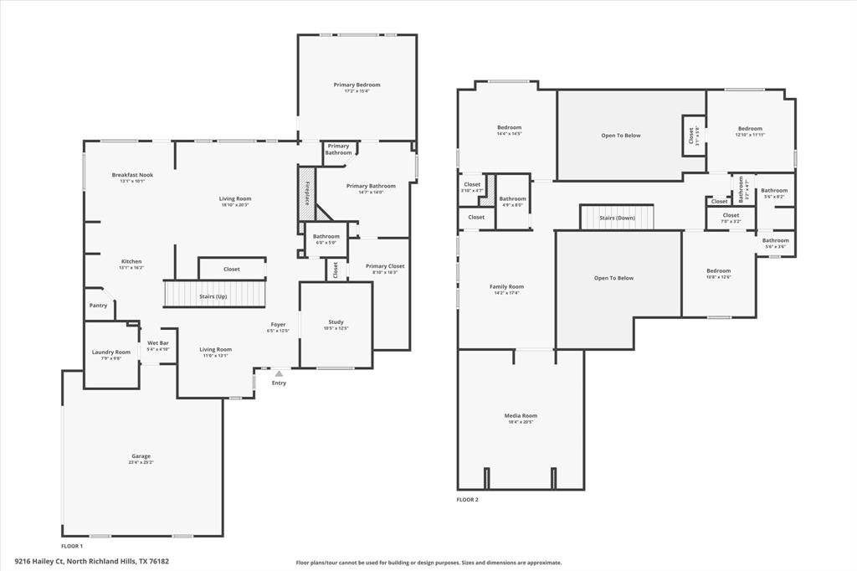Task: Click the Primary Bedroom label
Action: click(357, 85)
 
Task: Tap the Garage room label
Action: click(141, 456)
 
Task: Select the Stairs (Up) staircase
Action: click(213, 295)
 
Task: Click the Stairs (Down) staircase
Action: click(617, 217)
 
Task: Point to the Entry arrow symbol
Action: click(279, 373)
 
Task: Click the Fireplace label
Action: click(307, 192)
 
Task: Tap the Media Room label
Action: click(520, 416)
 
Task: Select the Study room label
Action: click(336, 322)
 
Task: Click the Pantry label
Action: click(98, 306)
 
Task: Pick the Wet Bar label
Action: click(158, 343)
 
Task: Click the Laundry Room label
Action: click(111, 352)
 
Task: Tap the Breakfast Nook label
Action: click(132, 175)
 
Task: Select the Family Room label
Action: click(506, 287)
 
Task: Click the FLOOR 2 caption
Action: click(467, 500)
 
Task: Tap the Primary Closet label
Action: click(385, 266)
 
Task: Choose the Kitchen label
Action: click(131, 262)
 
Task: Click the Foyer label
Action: click(278, 325)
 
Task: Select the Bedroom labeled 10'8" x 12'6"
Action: click(718, 271)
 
